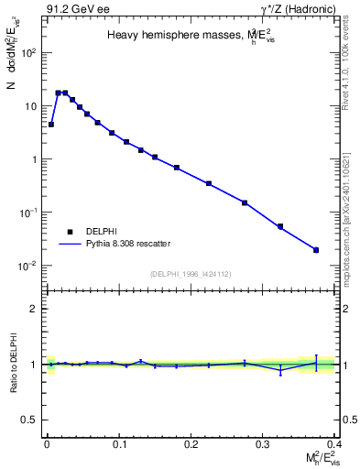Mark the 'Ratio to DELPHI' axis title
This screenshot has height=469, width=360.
coord(16,364)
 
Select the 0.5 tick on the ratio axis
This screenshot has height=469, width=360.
coord(30,420)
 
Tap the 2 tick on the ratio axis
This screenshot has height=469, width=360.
coord(34,309)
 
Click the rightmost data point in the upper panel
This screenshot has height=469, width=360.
coord(316,249)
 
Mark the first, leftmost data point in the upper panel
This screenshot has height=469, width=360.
coord(51,124)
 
